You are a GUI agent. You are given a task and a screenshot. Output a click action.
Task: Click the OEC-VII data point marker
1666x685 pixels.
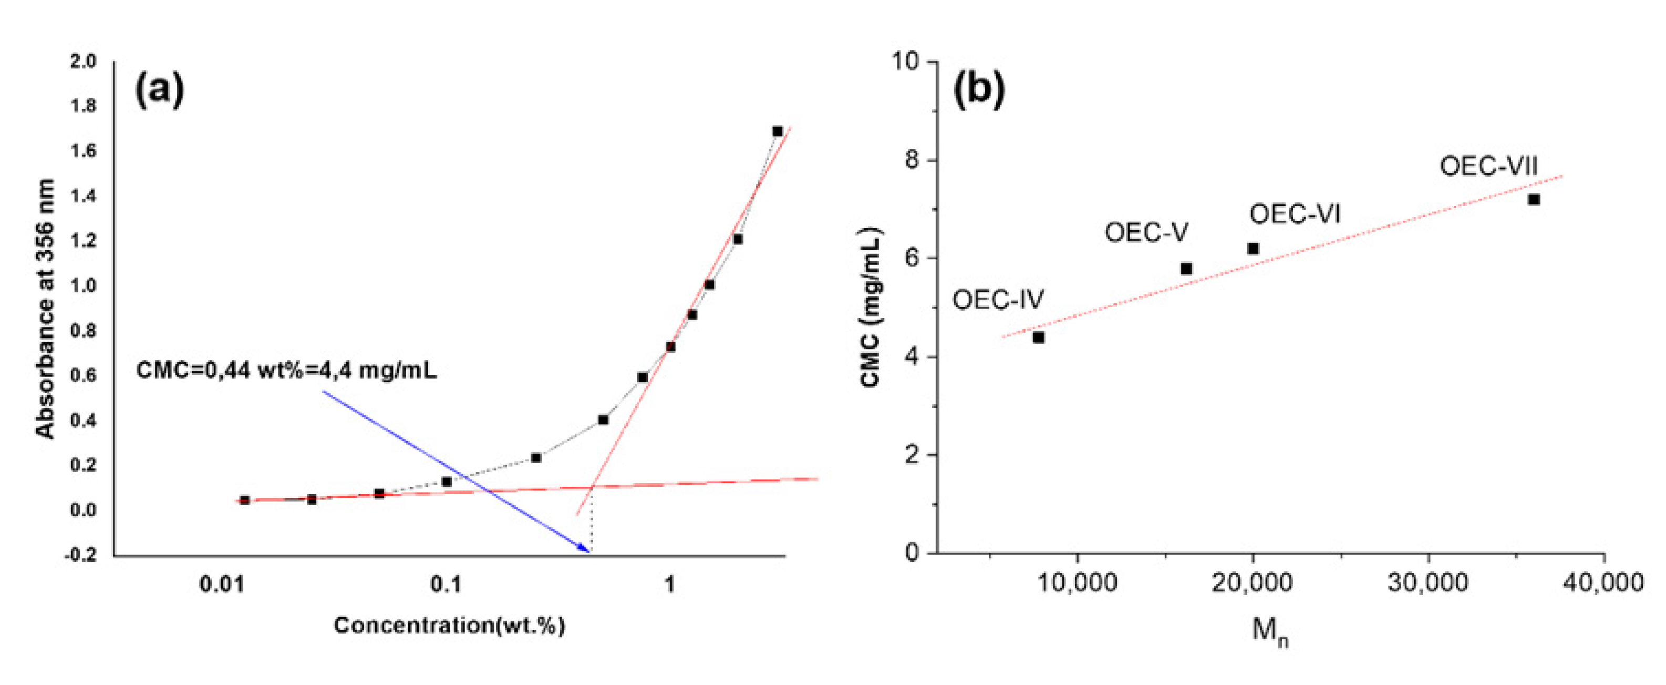coord(1534,199)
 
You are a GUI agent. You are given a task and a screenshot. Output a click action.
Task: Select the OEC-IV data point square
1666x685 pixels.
coord(1039,337)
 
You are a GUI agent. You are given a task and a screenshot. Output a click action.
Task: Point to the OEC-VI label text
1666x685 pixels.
coord(1294,214)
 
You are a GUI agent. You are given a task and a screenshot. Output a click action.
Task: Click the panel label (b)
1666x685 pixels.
coord(979,89)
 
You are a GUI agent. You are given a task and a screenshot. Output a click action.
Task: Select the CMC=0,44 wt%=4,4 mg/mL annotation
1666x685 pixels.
coord(286,371)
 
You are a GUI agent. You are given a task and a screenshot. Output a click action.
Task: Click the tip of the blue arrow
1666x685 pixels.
coord(588,552)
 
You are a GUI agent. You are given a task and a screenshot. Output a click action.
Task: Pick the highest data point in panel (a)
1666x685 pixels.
coord(778,131)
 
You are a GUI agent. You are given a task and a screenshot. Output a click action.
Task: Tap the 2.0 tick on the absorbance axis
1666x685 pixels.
coord(84,62)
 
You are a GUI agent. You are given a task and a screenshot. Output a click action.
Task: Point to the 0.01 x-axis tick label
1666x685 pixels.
coord(222,584)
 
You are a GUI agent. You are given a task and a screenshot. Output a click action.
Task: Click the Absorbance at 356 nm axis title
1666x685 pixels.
coord(45,309)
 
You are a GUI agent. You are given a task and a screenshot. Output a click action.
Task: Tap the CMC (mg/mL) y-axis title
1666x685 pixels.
coord(871,307)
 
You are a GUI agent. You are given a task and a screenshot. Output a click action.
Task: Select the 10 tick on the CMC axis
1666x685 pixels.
coord(906,62)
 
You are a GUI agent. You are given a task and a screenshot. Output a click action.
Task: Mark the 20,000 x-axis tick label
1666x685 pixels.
coord(1252,583)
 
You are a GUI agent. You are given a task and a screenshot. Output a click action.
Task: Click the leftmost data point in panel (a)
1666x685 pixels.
coord(244,500)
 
